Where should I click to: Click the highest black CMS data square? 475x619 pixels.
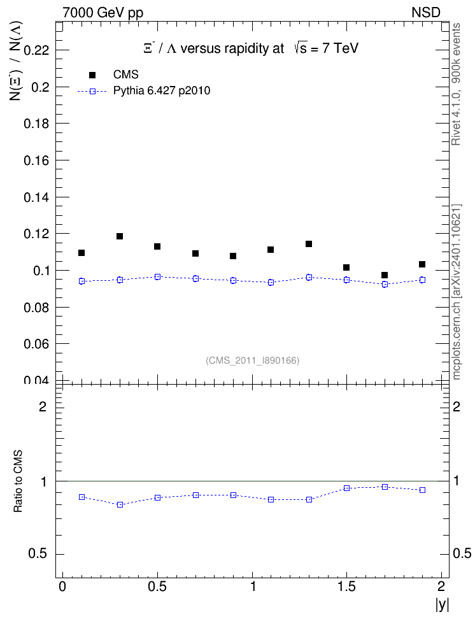pos(120,236)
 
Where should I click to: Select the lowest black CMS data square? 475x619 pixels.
pos(385,275)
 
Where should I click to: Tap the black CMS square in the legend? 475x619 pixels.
pos(92,75)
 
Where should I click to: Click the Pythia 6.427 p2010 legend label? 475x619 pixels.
pos(162,91)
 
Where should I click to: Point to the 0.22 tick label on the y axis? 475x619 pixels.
pos(36,50)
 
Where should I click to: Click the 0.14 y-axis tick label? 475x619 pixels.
pos(36,197)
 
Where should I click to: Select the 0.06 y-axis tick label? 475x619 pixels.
pos(36,345)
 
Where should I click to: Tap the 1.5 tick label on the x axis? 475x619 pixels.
pos(346,587)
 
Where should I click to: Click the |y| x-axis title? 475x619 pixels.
pos(443,604)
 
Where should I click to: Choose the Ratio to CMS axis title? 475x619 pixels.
pos(18,481)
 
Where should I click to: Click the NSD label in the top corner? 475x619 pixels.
pos(425,13)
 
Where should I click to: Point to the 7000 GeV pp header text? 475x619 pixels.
pos(103,13)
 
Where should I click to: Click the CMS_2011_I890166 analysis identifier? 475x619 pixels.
pos(253,360)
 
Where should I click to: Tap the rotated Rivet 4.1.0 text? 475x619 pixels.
pos(456,84)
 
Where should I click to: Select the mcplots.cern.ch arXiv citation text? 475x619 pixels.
pos(456,292)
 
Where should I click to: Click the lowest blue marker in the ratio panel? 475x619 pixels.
pos(120,504)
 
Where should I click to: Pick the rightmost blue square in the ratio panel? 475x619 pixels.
pos(423,490)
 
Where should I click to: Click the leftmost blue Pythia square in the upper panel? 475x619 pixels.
pos(82,281)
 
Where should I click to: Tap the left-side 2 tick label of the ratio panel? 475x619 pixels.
pos(43,406)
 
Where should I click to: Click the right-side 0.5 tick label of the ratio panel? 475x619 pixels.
pos(462,553)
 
